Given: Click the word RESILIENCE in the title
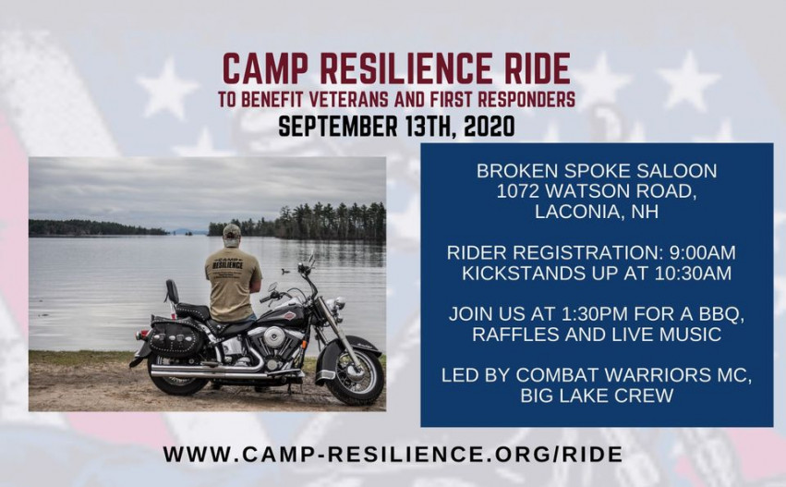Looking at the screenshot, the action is [406, 68].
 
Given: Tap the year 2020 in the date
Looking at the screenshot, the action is [490, 127].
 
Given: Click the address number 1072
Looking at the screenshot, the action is [518, 191].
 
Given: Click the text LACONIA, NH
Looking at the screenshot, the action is [597, 212].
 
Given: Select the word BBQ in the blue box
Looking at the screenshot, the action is [720, 314].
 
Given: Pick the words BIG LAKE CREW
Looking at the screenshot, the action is [597, 396].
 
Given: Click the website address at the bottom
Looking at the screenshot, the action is [393, 455].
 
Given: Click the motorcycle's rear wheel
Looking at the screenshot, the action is [178, 373].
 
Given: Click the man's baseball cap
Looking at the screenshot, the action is [232, 231].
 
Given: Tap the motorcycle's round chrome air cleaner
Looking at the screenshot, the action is [273, 337].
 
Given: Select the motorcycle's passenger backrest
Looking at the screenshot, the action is [172, 291].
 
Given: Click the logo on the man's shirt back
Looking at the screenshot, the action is [227, 263].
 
